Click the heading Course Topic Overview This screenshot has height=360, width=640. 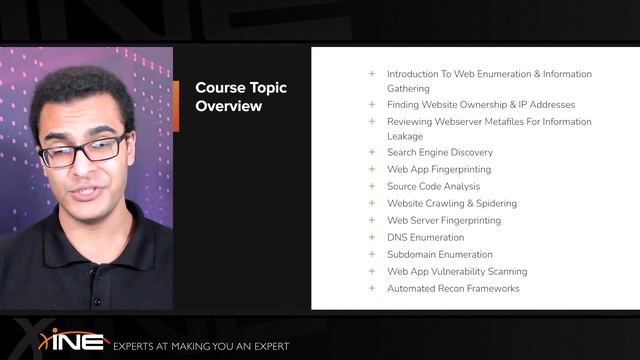pyautogui.click(x=240, y=96)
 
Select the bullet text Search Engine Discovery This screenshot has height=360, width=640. pyautogui.click(x=439, y=153)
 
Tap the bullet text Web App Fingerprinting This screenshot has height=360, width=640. pyautogui.click(x=438, y=170)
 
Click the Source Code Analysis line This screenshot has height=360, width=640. pyautogui.click(x=433, y=187)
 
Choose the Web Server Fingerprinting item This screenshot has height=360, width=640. pyautogui.click(x=444, y=220)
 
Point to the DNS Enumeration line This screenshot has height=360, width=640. pyautogui.click(x=425, y=237)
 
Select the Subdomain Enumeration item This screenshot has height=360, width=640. pyautogui.click(x=439, y=254)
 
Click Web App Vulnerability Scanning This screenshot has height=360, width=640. pyautogui.click(x=457, y=271)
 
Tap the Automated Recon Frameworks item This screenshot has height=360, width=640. pyautogui.click(x=453, y=288)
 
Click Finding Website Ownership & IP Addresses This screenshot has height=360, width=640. pyautogui.click(x=481, y=104)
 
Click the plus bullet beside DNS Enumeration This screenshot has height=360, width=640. pyautogui.click(x=372, y=237)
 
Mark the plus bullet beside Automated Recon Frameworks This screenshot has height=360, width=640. pyautogui.click(x=372, y=288)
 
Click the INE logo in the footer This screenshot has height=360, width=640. pyautogui.click(x=74, y=340)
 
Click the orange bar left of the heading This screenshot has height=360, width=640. pyautogui.click(x=176, y=96)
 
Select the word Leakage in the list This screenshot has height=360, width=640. pyautogui.click(x=405, y=136)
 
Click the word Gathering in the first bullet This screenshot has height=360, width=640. pyautogui.click(x=409, y=88)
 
